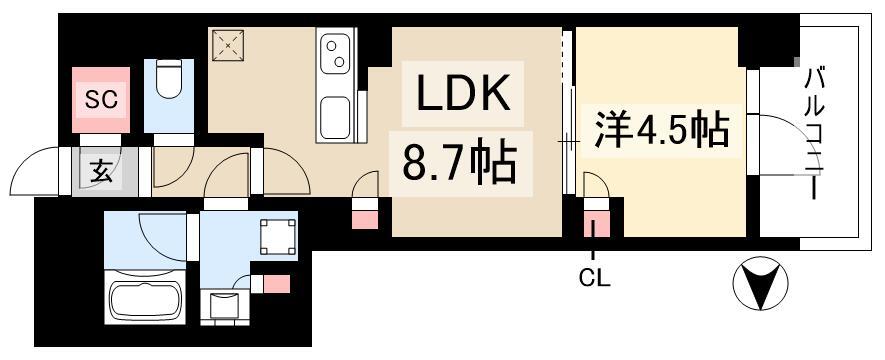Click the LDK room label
[459, 95]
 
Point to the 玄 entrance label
[102, 171]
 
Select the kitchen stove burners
[335, 51]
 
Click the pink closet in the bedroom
[596, 225]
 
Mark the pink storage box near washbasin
[275, 284]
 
